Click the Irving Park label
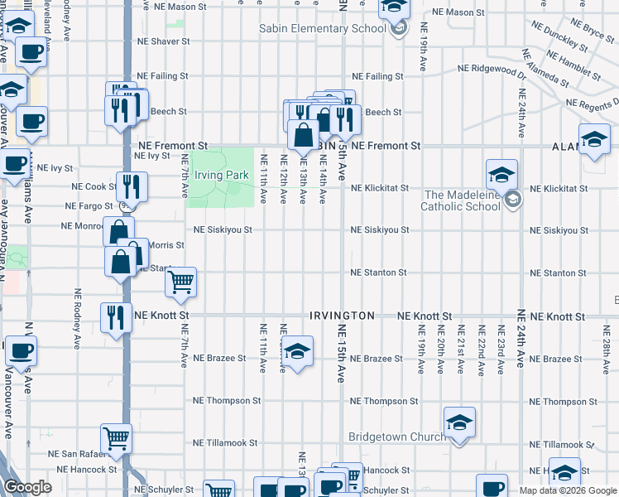(221, 176)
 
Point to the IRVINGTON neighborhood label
(342, 316)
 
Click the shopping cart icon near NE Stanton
(181, 282)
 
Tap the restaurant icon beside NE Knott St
(116, 316)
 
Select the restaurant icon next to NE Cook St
(132, 186)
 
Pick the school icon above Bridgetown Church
(459, 422)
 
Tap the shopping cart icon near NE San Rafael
(117, 438)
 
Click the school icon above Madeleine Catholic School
(501, 175)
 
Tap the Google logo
(28, 488)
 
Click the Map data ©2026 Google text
(568, 490)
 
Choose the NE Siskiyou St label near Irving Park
(223, 229)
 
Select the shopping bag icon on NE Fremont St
(304, 135)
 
